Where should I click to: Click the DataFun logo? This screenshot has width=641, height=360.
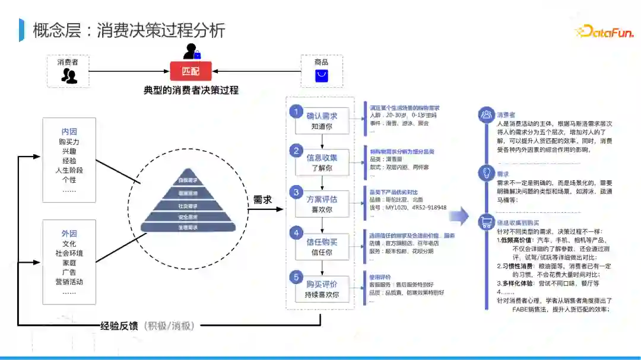[x=604, y=31]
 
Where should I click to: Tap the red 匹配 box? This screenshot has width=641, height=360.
[x=191, y=72]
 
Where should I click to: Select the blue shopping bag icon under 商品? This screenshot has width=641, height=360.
[x=321, y=76]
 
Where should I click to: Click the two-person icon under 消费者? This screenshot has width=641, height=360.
[x=69, y=76]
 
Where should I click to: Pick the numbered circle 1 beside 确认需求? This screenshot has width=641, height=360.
[x=296, y=111]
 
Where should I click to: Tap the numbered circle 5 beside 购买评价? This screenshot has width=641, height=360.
[x=296, y=277]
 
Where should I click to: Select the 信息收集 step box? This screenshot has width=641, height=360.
[x=322, y=162]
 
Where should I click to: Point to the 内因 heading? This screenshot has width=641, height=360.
[x=69, y=132]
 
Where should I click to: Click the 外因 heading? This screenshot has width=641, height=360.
[x=69, y=234]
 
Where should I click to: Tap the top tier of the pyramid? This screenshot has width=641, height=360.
[x=188, y=180]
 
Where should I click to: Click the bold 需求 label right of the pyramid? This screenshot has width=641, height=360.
[x=262, y=200]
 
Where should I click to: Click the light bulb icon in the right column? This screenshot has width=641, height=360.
[x=487, y=173]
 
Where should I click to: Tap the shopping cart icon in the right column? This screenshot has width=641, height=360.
[x=487, y=222]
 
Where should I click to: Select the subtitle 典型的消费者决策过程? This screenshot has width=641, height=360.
[x=191, y=90]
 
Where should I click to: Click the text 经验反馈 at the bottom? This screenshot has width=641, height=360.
[x=119, y=325]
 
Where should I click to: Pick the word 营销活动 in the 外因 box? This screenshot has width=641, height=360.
[x=69, y=282]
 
